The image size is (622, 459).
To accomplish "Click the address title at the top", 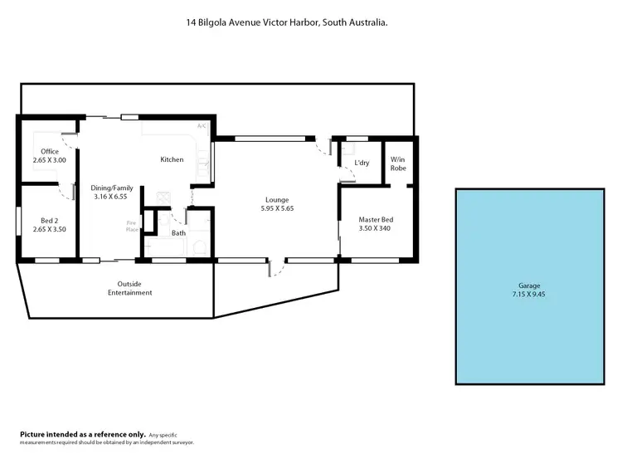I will tap(288, 24).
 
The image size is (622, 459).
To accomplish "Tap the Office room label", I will tap(50, 150).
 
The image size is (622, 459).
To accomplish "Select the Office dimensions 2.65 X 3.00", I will tap(50, 159).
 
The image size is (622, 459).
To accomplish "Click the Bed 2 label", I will tap(49, 220).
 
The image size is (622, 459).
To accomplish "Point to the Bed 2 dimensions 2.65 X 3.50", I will tap(49, 229).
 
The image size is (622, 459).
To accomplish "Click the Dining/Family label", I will tap(112, 188).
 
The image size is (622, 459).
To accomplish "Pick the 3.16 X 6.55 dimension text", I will tap(112, 198).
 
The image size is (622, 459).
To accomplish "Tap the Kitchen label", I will tap(172, 159).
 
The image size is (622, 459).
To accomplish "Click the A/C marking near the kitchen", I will tap(201, 126).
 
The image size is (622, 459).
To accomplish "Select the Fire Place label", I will tap(131, 226).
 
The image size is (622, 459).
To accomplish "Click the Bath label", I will tap(178, 233).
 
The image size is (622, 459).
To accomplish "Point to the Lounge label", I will tap(276, 199).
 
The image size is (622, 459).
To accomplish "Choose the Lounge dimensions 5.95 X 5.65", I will tap(276, 208).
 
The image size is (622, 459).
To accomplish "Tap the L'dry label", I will tap(362, 163).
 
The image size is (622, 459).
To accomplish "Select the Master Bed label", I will tap(375, 219).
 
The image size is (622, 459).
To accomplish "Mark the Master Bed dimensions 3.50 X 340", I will tap(375, 228).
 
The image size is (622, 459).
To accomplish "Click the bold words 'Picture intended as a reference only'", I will tap(82, 434).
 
